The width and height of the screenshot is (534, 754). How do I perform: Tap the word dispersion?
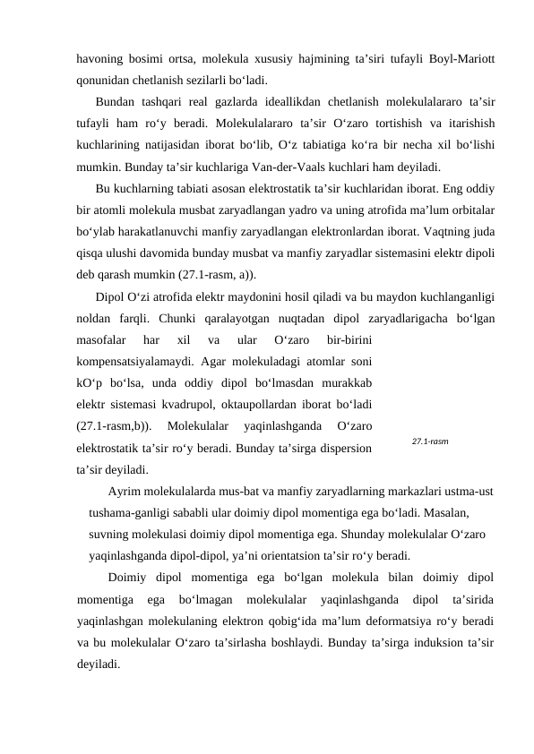click(x=340, y=445)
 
